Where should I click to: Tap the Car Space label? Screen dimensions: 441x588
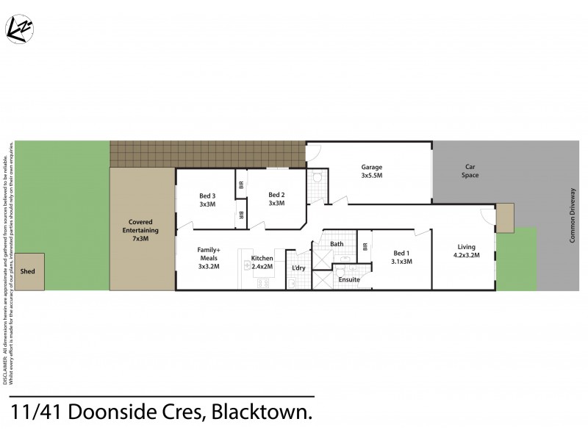coord(470,171)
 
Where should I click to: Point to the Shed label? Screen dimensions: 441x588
coord(28,271)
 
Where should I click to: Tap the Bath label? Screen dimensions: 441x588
coord(337,244)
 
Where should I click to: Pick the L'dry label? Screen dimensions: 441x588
coord(298,268)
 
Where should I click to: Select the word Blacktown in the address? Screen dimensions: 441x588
coord(261,414)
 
